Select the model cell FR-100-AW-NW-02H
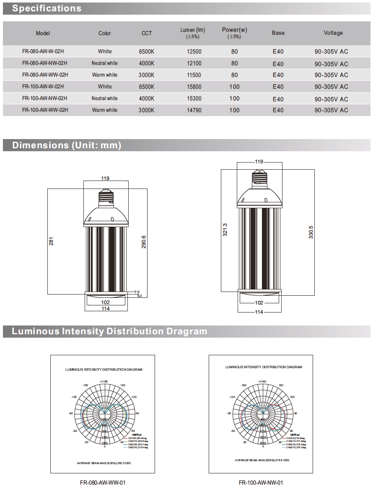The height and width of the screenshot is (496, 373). tap(45, 98)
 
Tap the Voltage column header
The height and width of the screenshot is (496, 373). tap(333, 33)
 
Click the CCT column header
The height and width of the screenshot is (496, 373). tap(147, 33)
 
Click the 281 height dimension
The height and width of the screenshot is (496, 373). tap(52, 241)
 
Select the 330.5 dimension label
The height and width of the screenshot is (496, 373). tap(311, 232)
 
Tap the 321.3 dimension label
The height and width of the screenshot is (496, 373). tap(225, 230)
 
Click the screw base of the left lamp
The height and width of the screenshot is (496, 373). tap(105, 197)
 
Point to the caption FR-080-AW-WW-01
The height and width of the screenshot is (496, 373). tap(103, 483)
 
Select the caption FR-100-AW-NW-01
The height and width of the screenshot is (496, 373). tap(261, 483)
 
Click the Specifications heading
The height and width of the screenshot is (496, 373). tap(47, 8)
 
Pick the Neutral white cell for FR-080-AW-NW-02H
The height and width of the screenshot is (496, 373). tap(105, 63)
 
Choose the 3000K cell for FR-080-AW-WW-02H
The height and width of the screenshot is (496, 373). tap(147, 75)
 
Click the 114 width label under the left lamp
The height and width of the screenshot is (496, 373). tap(105, 309)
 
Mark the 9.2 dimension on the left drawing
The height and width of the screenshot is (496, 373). tap(140, 296)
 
